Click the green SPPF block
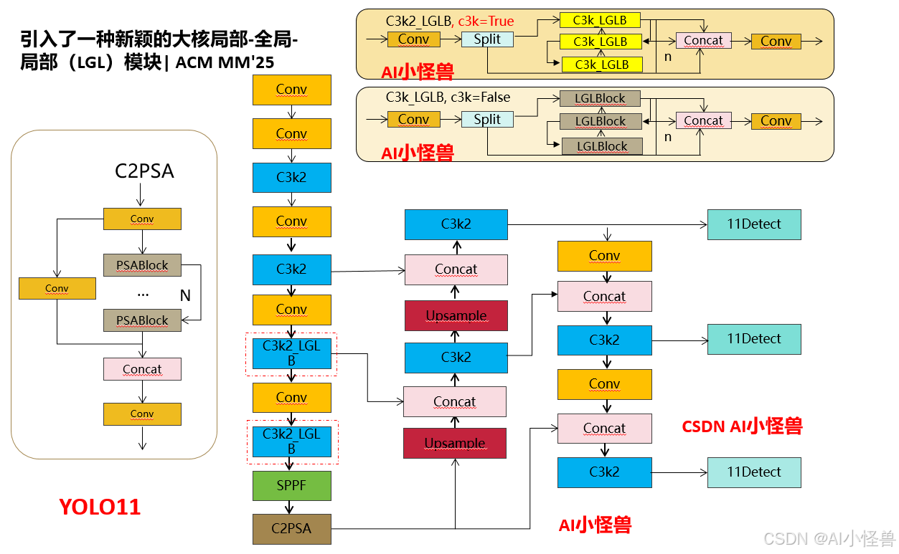291,485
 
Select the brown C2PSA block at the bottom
291,529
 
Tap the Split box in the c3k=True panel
487,39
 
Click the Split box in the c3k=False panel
487,120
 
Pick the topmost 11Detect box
753,224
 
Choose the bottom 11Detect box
753,472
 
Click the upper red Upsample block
456,315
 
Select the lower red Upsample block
455,443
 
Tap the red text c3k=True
486,21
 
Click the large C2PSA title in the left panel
144,171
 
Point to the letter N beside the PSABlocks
184,295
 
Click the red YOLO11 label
100,507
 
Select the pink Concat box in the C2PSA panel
142,369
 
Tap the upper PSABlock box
142,265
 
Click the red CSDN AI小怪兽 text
741,426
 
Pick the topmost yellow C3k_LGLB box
601,20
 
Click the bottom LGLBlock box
601,146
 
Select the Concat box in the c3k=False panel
703,120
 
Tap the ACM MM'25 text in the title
225,62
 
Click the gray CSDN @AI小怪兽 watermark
828,538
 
